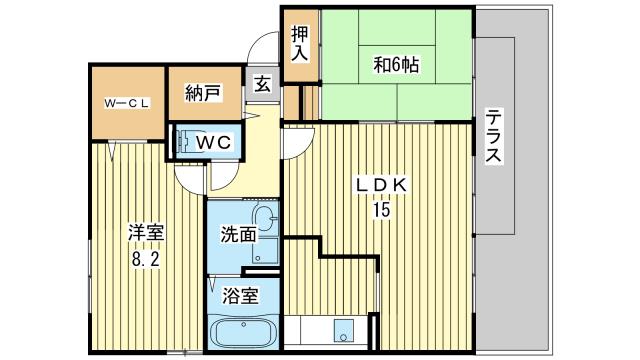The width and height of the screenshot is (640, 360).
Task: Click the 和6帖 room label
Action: [396, 64]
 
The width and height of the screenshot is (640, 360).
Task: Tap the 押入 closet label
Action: [300, 44]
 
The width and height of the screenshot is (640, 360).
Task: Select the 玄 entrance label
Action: [262, 84]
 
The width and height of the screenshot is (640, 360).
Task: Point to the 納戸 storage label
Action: [203, 93]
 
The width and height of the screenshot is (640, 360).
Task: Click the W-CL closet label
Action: [127, 103]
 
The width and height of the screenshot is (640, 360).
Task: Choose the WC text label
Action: [213, 142]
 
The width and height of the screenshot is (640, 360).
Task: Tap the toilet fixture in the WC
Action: [184, 141]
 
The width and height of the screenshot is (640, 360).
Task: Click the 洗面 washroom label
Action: [238, 235]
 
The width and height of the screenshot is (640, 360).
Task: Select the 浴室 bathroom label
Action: [240, 296]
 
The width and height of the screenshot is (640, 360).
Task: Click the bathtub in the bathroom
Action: [243, 332]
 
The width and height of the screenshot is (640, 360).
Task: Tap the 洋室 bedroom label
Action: [146, 234]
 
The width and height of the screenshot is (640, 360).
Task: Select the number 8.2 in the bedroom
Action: [145, 259]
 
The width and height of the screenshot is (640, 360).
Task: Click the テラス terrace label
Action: [493, 135]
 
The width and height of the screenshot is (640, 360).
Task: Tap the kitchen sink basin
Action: [343, 330]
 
